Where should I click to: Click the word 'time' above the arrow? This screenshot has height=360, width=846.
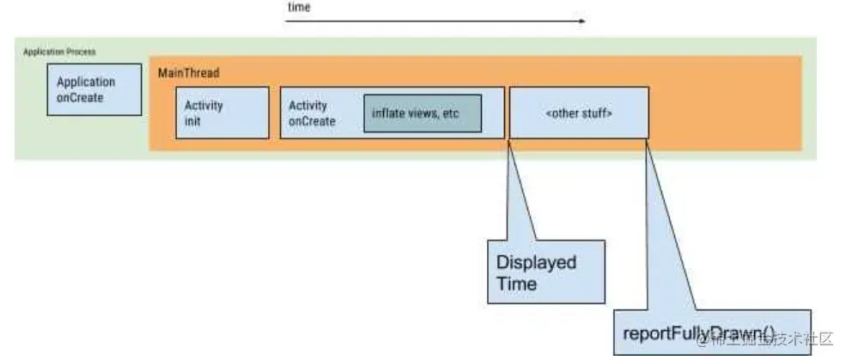299,7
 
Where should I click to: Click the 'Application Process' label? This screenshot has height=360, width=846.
59,52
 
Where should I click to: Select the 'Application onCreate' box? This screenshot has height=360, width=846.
94,89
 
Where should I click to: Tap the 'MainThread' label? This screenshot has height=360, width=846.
188,74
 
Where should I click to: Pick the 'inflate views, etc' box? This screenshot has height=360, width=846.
421,114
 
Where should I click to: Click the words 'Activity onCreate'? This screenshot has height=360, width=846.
311,113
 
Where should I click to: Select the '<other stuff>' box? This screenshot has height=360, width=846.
579,113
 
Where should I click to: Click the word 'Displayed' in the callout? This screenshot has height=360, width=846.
536,262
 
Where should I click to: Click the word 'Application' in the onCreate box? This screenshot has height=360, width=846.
86,82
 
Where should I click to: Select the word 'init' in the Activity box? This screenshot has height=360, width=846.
193,120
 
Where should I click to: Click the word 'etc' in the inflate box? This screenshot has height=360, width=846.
452,115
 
